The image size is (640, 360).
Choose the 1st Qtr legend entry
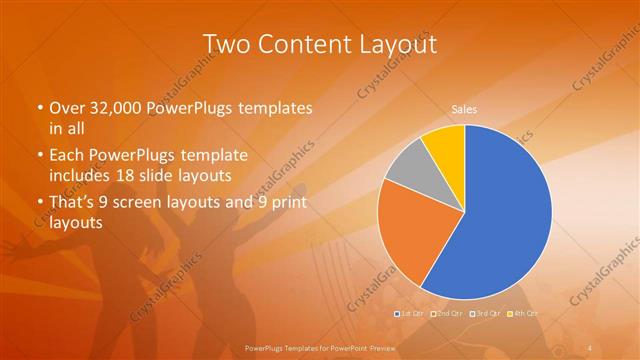tap(411, 314)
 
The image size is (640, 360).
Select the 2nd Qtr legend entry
tap(446, 314)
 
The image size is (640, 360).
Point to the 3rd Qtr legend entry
tap(483, 314)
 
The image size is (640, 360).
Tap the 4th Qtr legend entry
tap(522, 314)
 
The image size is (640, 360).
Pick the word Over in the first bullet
tap(67, 108)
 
